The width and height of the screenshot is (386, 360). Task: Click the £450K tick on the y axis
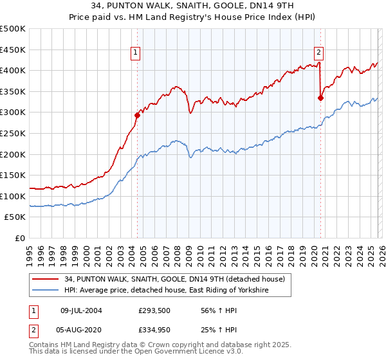(x=13, y=50)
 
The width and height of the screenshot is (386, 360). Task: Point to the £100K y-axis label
(x=13, y=196)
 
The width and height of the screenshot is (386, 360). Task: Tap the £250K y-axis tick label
(x=13, y=133)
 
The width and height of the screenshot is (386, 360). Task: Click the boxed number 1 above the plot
(x=137, y=53)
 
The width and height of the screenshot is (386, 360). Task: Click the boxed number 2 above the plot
(x=319, y=53)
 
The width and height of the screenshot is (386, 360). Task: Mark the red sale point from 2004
(x=137, y=116)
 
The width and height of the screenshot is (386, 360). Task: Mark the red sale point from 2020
(x=320, y=98)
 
